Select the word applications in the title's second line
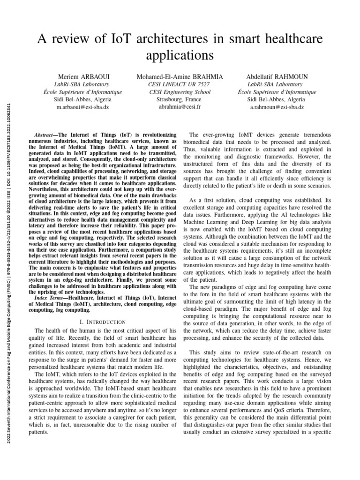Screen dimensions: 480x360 (180, 55)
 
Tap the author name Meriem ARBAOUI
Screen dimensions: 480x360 (82, 76)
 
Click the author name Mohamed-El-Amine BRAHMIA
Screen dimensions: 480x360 (180, 76)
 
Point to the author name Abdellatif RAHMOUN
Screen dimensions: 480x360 (277, 76)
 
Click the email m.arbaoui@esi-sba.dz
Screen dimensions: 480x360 (82, 107)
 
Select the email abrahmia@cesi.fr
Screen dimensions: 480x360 (180, 107)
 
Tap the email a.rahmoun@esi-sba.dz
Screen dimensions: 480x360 (277, 107)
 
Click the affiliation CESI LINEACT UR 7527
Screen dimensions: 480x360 (180, 84)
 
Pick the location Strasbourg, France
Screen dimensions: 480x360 (180, 99)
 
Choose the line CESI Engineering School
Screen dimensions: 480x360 (180, 92)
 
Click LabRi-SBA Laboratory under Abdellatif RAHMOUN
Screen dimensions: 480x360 (277, 84)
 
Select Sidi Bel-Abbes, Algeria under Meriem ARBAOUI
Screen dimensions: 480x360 (82, 99)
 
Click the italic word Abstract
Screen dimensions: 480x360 (46, 134)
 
